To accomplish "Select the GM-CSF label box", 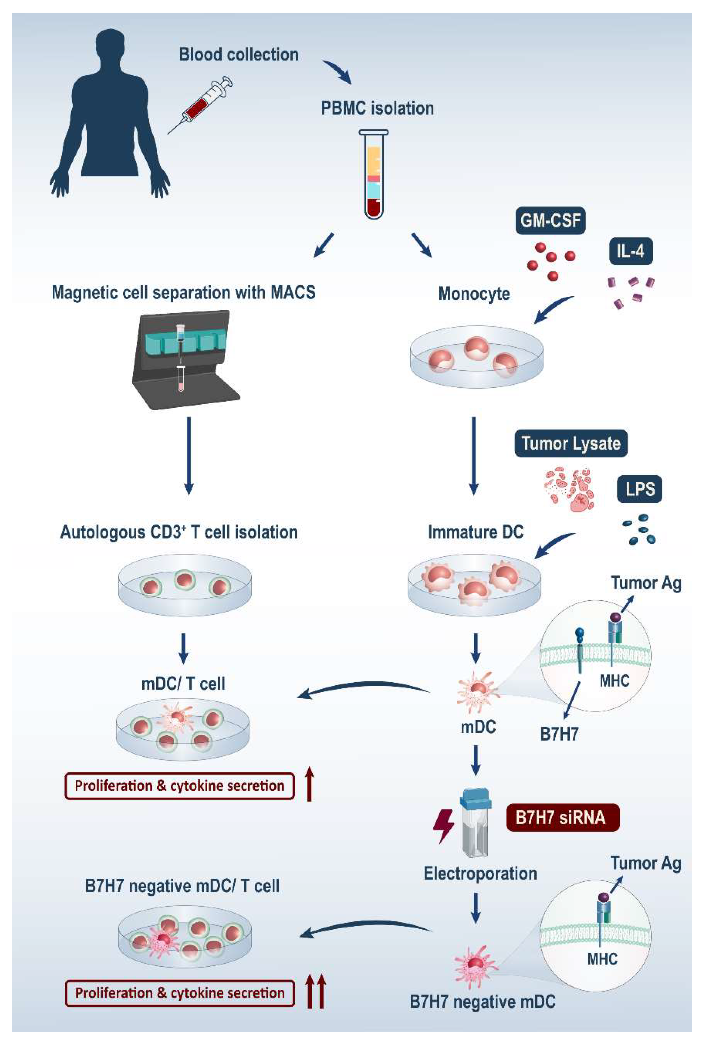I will pyautogui.click(x=550, y=221).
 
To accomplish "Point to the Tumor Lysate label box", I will pyautogui.click(x=571, y=443).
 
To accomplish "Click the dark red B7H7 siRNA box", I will pyautogui.click(x=562, y=817).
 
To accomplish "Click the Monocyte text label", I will pyautogui.click(x=474, y=294).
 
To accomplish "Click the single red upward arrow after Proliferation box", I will pyautogui.click(x=309, y=784).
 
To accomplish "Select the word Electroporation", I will pyautogui.click(x=480, y=873).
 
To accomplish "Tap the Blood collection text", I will pyautogui.click(x=238, y=54).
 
